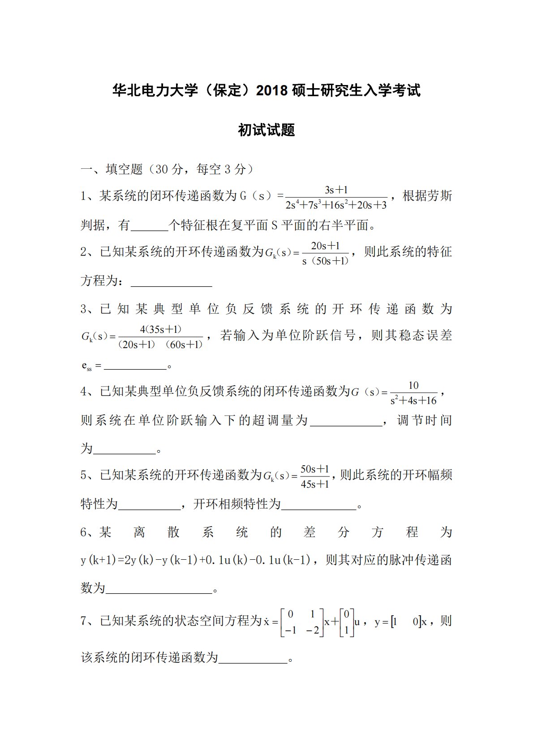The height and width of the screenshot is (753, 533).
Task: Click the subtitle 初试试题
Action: pos(266,130)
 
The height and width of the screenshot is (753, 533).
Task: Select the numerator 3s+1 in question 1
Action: pos(336,190)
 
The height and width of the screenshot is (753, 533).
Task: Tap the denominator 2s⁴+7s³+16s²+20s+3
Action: pos(336,205)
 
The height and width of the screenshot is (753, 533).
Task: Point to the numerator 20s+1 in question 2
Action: pos(325,246)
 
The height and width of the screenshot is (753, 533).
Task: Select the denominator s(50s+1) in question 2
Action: pos(325,261)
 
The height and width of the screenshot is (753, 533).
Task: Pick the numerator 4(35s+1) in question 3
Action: pos(160,329)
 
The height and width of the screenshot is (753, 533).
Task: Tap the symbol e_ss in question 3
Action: pos(86,366)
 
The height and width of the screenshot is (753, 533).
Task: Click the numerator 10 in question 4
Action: pos(413,385)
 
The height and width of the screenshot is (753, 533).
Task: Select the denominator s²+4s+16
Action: pos(413,400)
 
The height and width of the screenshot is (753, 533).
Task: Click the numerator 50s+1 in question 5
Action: pos(314,469)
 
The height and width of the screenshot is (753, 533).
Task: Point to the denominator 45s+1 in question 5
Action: pos(314,484)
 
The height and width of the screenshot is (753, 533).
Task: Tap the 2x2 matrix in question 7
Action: pos(302,622)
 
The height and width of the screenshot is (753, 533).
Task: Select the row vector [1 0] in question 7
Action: pos(406,622)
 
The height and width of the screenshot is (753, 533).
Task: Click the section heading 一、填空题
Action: pos(111,169)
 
